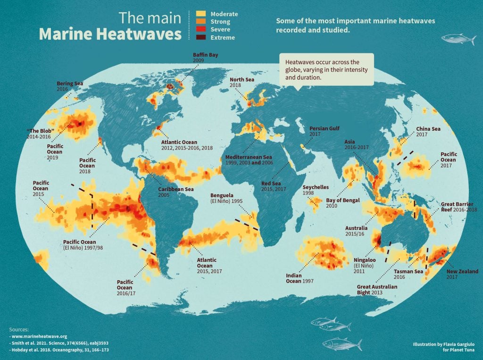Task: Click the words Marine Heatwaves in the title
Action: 110,34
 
